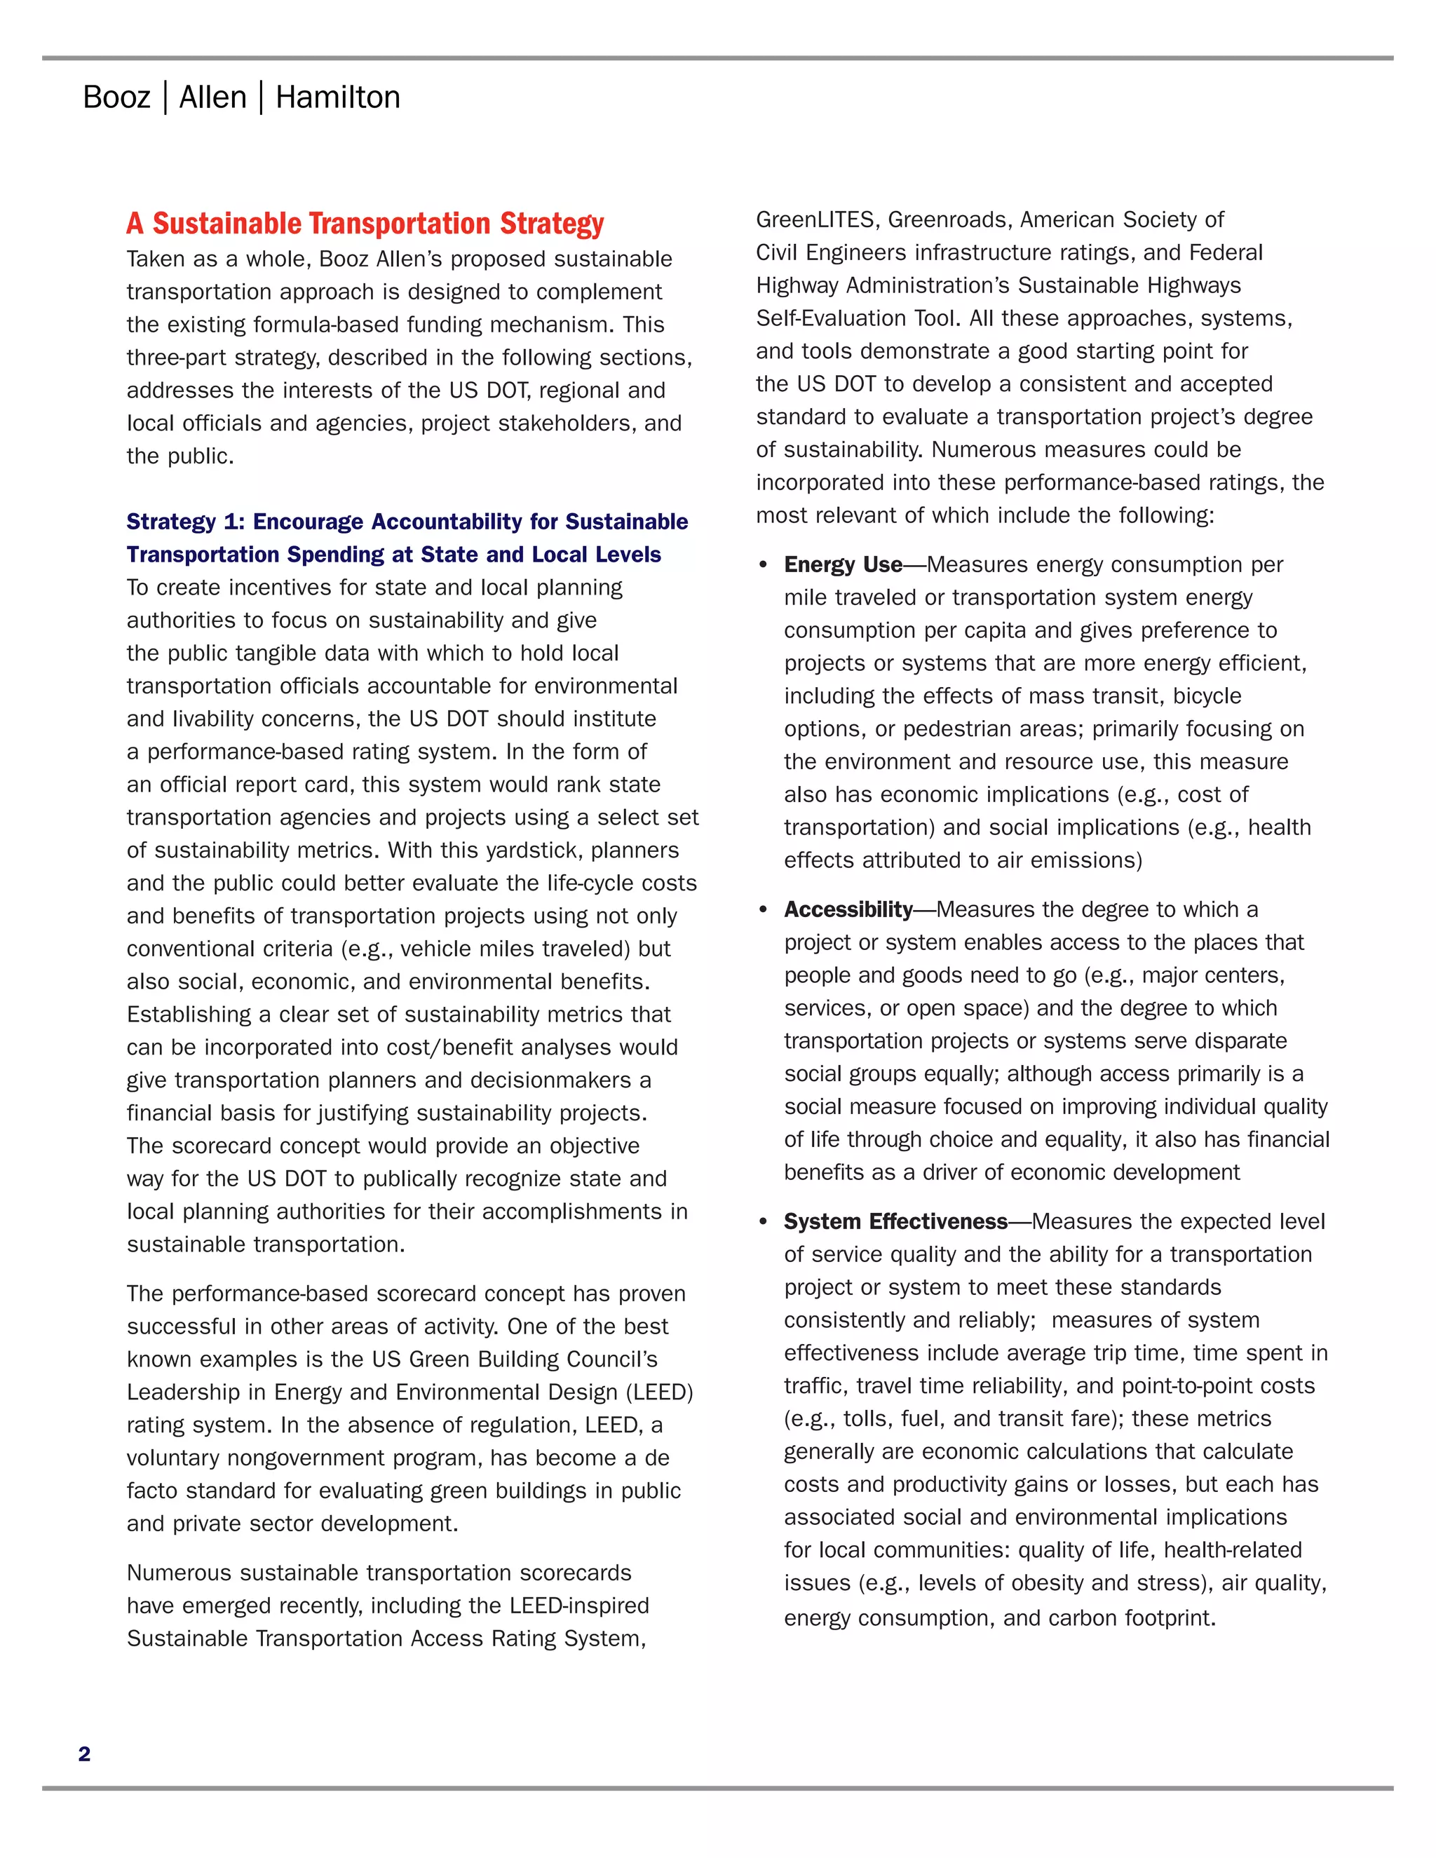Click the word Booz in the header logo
click(x=116, y=98)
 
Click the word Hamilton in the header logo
click(x=338, y=98)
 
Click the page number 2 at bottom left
click(x=84, y=1754)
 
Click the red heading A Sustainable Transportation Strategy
click(x=365, y=224)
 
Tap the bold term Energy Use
click(x=842, y=565)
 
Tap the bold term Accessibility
click(x=848, y=909)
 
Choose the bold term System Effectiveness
click(x=895, y=1221)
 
